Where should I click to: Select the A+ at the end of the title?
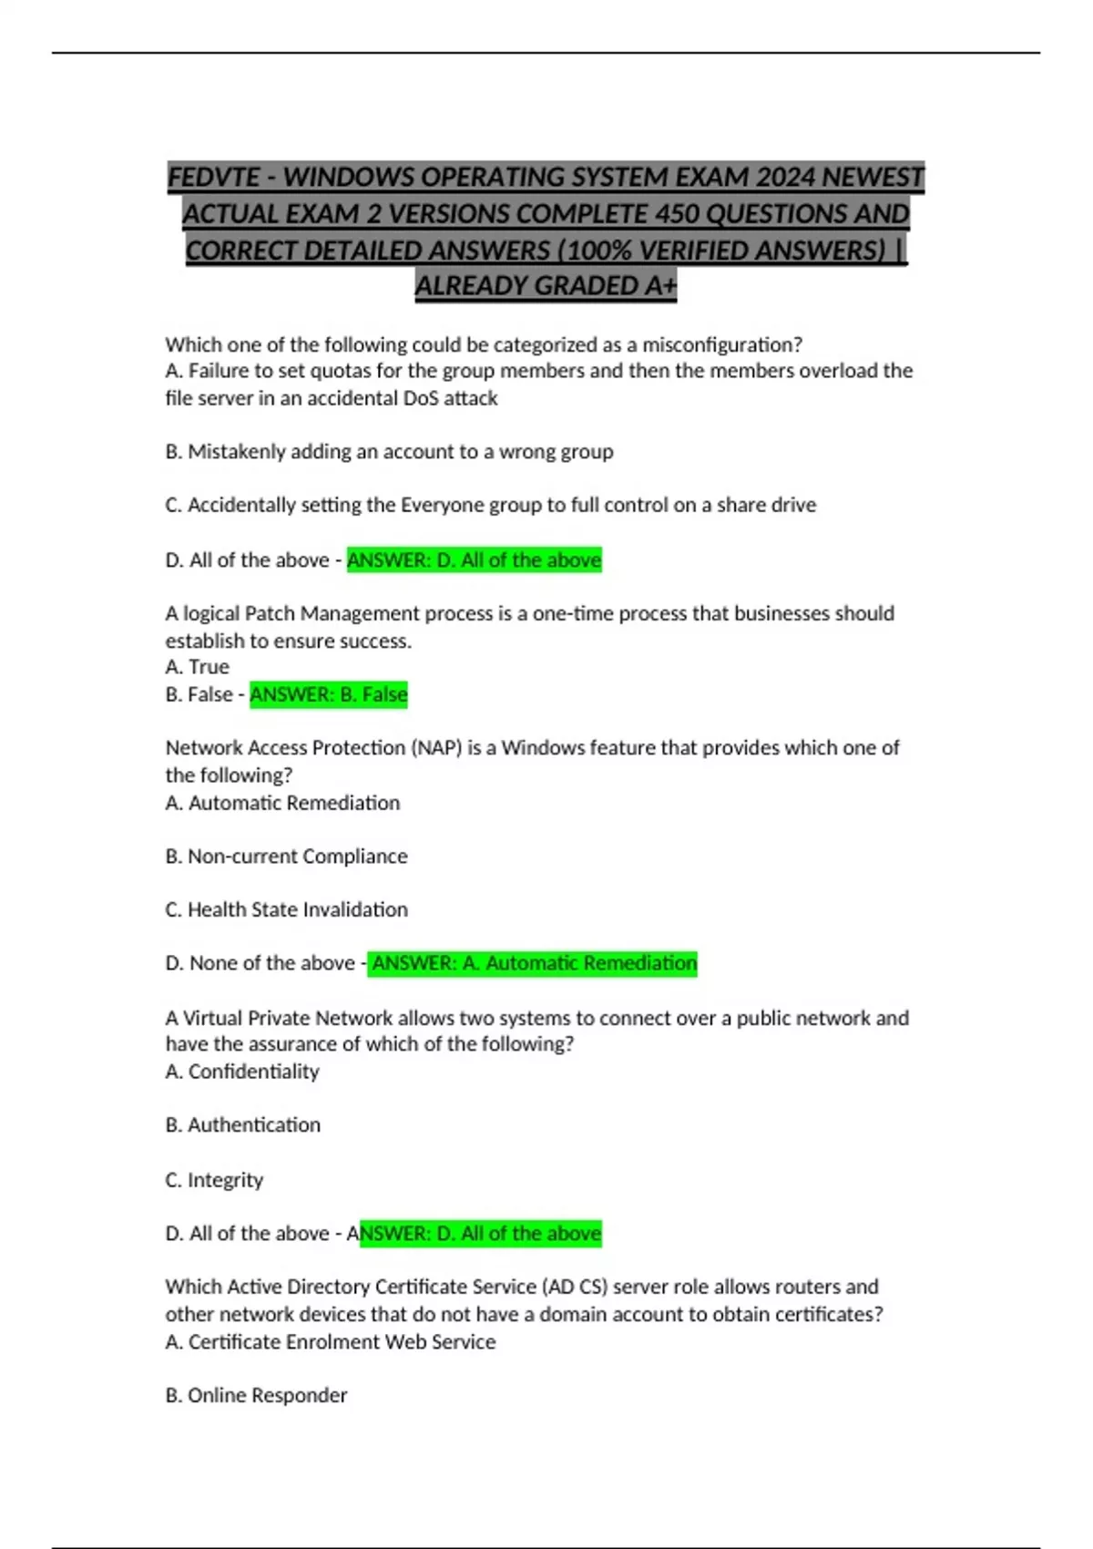(x=661, y=286)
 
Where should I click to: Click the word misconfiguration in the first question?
(x=721, y=344)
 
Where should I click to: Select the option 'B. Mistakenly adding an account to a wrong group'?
(x=389, y=452)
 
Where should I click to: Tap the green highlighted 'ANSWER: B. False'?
(x=329, y=694)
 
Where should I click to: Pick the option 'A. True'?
(x=197, y=667)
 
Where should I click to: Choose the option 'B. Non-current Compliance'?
(x=286, y=857)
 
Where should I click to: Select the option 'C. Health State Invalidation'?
(x=286, y=909)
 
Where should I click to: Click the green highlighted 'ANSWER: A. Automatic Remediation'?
(x=533, y=963)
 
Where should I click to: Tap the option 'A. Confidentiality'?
(x=242, y=1072)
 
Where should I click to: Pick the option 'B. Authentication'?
(x=242, y=1125)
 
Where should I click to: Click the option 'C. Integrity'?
(x=214, y=1180)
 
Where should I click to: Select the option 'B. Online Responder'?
(x=256, y=1395)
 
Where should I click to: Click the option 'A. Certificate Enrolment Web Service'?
(x=330, y=1341)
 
